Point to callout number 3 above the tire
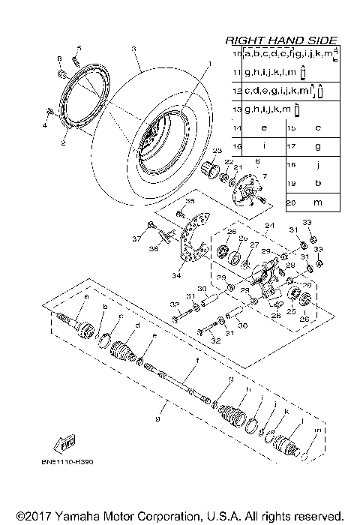(132, 49)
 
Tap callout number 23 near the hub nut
(217, 151)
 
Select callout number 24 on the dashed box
(266, 226)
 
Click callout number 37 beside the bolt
(137, 239)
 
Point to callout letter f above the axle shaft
(197, 361)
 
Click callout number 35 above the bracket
(190, 202)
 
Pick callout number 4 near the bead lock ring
(43, 125)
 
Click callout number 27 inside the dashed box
(255, 244)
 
